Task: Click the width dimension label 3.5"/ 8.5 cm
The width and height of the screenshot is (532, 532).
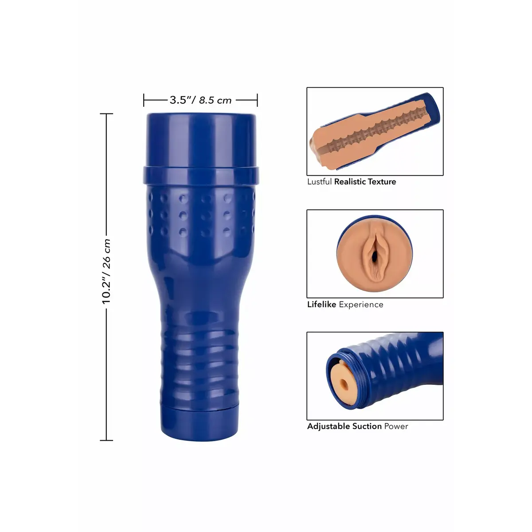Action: (200, 100)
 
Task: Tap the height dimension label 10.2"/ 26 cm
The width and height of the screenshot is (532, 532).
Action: (106, 271)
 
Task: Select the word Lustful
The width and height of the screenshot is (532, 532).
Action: (319, 182)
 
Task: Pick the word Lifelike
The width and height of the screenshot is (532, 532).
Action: (321, 305)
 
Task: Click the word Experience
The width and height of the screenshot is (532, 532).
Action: (361, 305)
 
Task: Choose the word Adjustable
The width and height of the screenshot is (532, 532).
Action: (329, 426)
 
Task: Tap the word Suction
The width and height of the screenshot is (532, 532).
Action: (367, 426)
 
